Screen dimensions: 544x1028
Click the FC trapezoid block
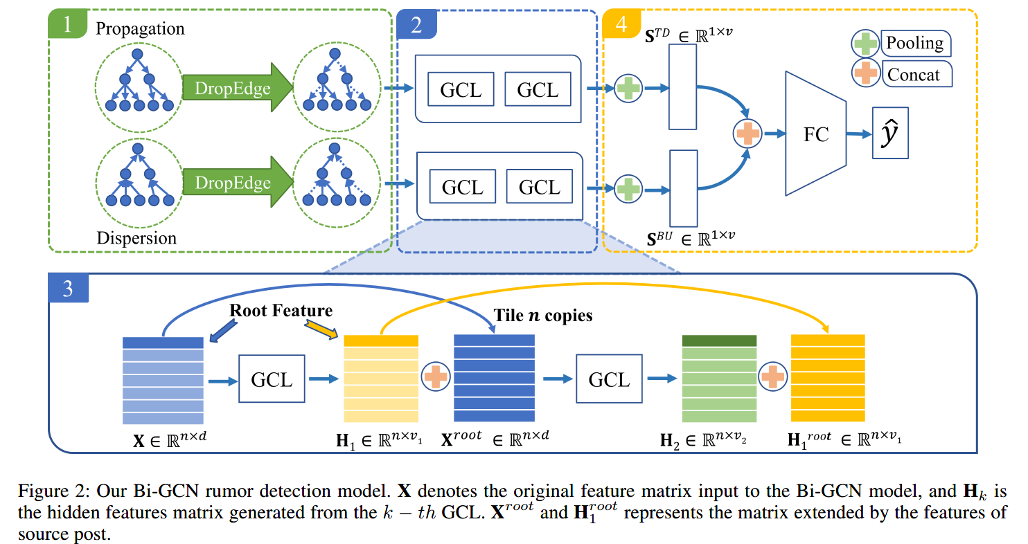coord(816,134)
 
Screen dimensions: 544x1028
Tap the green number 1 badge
coord(67,25)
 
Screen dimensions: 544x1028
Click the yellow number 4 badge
coord(621,25)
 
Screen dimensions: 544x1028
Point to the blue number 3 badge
coord(67,287)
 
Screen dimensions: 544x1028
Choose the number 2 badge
coord(416,25)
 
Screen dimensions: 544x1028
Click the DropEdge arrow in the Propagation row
coord(232,88)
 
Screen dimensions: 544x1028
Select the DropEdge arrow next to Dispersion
coord(232,183)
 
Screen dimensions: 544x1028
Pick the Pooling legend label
coord(915,44)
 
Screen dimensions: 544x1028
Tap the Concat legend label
coord(915,73)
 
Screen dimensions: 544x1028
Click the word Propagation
coord(140,29)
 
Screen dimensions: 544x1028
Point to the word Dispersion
coord(136,238)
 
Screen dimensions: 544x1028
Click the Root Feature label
coord(281,311)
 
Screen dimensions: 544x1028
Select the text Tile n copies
coord(543,316)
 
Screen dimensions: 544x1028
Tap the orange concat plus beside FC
coord(747,133)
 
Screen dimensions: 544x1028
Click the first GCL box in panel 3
coord(272,379)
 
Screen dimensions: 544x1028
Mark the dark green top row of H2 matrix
coord(718,341)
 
